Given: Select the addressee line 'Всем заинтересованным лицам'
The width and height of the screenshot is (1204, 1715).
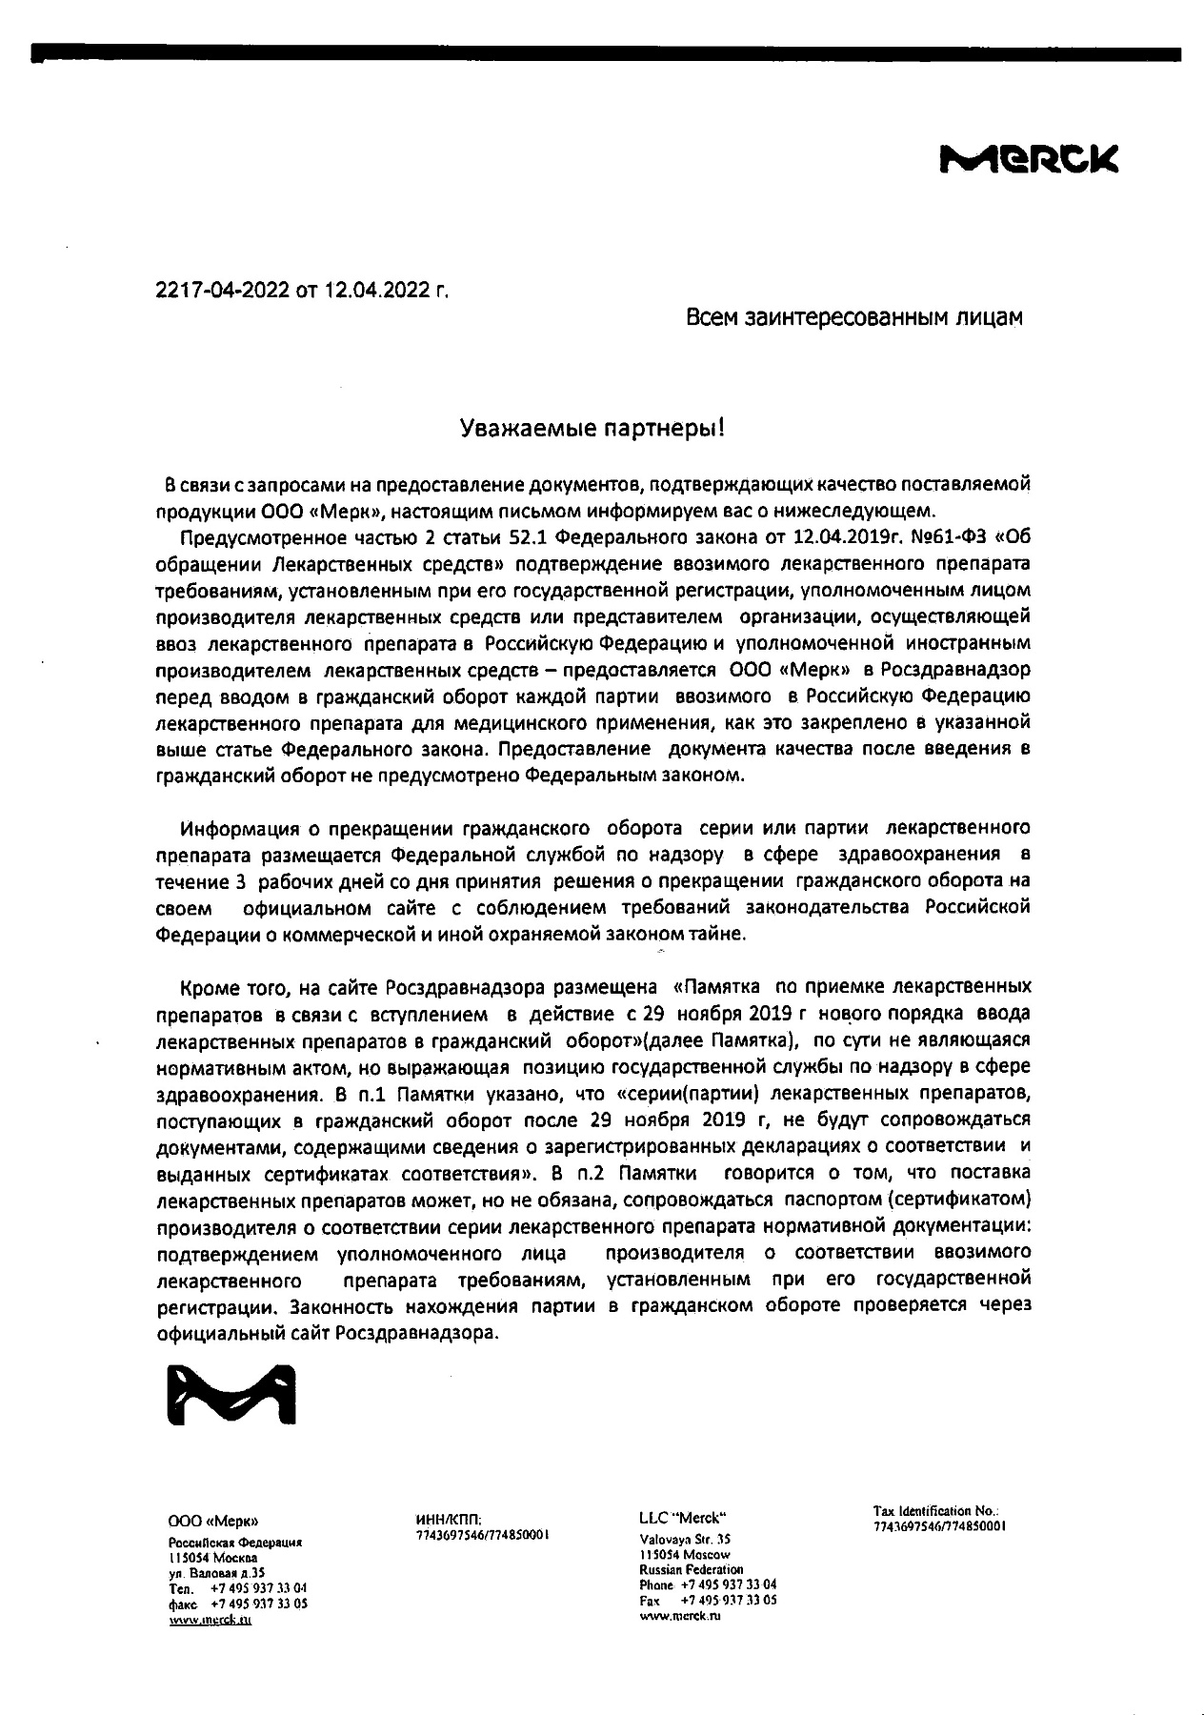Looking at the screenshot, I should click(854, 318).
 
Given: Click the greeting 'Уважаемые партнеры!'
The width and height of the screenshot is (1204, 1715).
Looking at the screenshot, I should click(592, 429).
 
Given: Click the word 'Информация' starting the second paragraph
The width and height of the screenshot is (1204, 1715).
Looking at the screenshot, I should click(234, 827).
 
